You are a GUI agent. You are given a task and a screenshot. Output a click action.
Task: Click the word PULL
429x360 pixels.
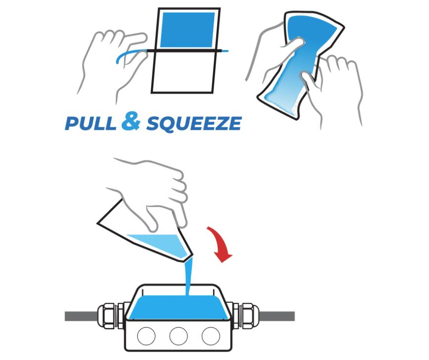click(91, 123)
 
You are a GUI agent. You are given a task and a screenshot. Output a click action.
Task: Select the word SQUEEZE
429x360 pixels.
click(194, 123)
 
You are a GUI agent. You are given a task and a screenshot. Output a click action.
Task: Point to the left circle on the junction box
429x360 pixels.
click(146, 336)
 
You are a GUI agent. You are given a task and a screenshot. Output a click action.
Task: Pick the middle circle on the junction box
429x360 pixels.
click(179, 336)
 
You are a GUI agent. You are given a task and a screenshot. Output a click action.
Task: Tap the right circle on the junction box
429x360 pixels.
click(211, 336)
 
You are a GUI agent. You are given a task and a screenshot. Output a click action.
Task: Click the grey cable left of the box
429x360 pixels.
click(81, 316)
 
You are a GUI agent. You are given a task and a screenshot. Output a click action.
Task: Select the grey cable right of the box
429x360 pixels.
click(277, 316)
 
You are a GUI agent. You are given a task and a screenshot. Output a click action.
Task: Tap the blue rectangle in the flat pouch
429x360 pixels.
click(188, 30)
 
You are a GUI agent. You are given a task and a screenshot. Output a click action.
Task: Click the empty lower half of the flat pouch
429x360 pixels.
click(183, 72)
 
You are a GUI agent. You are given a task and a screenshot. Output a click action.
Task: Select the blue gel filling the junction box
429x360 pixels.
click(179, 307)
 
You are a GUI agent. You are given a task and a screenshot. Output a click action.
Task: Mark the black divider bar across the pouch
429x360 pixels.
click(185, 51)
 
